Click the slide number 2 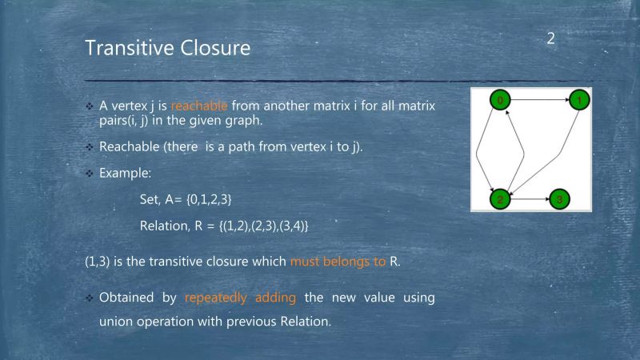click(x=551, y=38)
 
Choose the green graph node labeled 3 click(x=560, y=198)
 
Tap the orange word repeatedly click(x=220, y=298)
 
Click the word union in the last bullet click(x=116, y=322)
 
